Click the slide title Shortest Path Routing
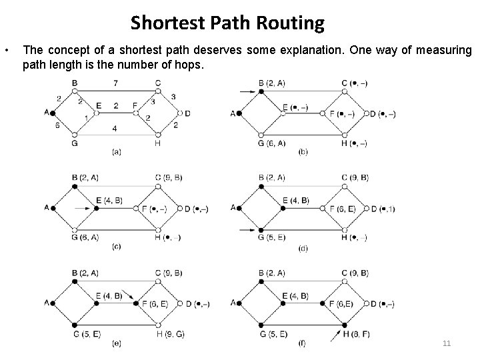coord(227,23)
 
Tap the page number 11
coord(447,343)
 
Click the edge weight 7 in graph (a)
coord(115,83)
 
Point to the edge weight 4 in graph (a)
coord(115,128)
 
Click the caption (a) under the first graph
coord(115,152)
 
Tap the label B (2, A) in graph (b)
coord(271,83)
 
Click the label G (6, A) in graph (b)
coord(271,143)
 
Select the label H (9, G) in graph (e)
coord(171,334)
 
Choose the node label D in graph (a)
coord(187,113)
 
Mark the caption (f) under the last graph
coord(302,343)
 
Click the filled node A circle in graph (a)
coord(54,113)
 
